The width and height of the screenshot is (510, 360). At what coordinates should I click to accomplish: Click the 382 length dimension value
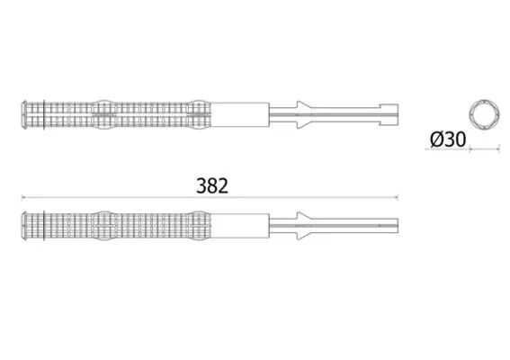pyautogui.click(x=212, y=186)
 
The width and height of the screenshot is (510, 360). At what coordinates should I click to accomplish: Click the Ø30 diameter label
pyautogui.click(x=448, y=139)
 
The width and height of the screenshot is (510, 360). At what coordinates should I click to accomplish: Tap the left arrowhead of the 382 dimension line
pyautogui.click(x=22, y=197)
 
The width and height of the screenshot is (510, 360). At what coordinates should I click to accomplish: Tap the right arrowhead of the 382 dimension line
pyautogui.click(x=396, y=197)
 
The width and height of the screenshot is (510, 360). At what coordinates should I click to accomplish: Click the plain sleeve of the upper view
pyautogui.click(x=240, y=115)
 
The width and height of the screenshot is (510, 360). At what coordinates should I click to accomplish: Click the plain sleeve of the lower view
pyautogui.click(x=240, y=226)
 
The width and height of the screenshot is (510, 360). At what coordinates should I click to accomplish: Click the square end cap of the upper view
pyautogui.click(x=389, y=114)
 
